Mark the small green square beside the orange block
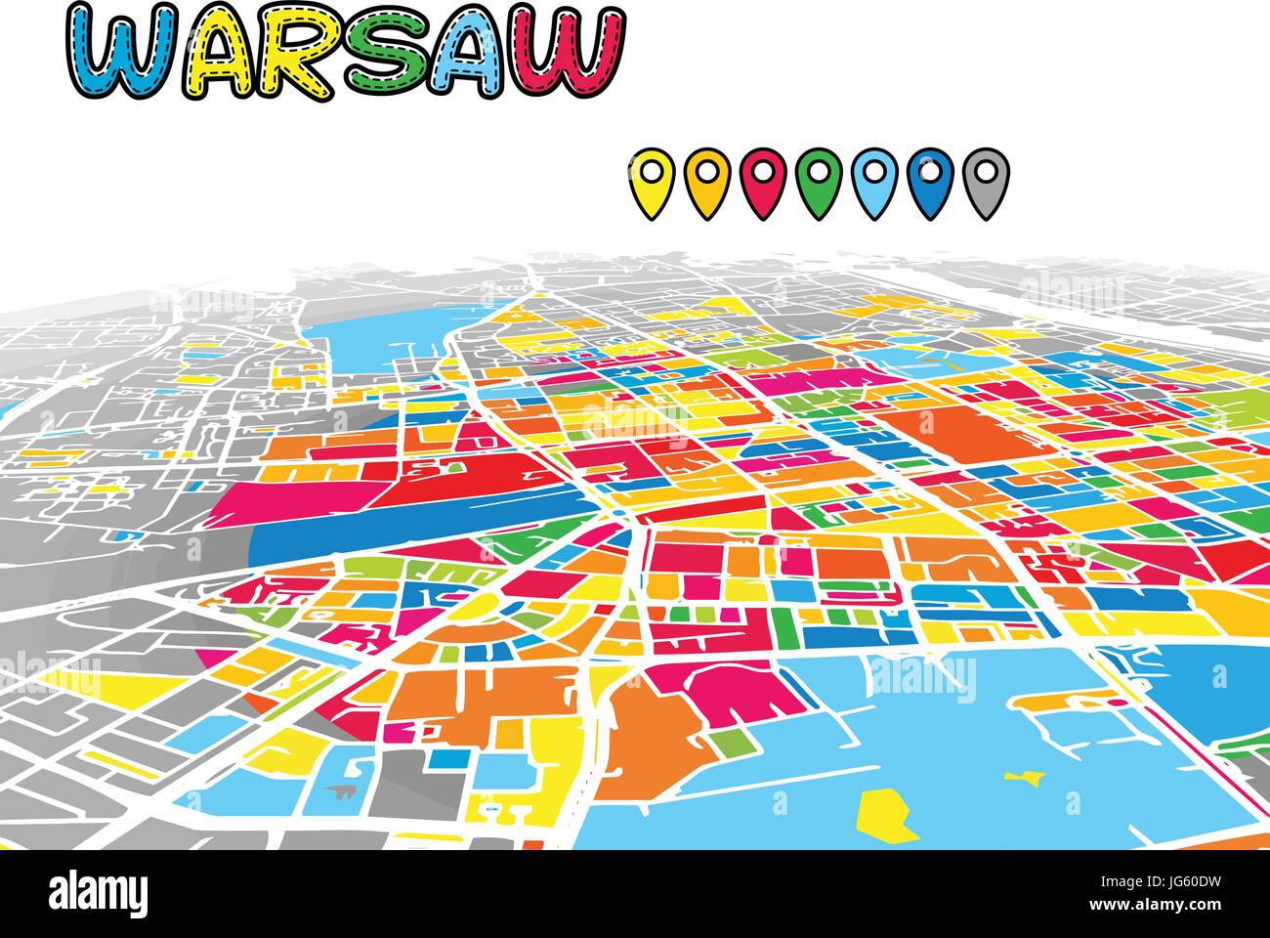(725, 742)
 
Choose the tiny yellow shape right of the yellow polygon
(1024, 779)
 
